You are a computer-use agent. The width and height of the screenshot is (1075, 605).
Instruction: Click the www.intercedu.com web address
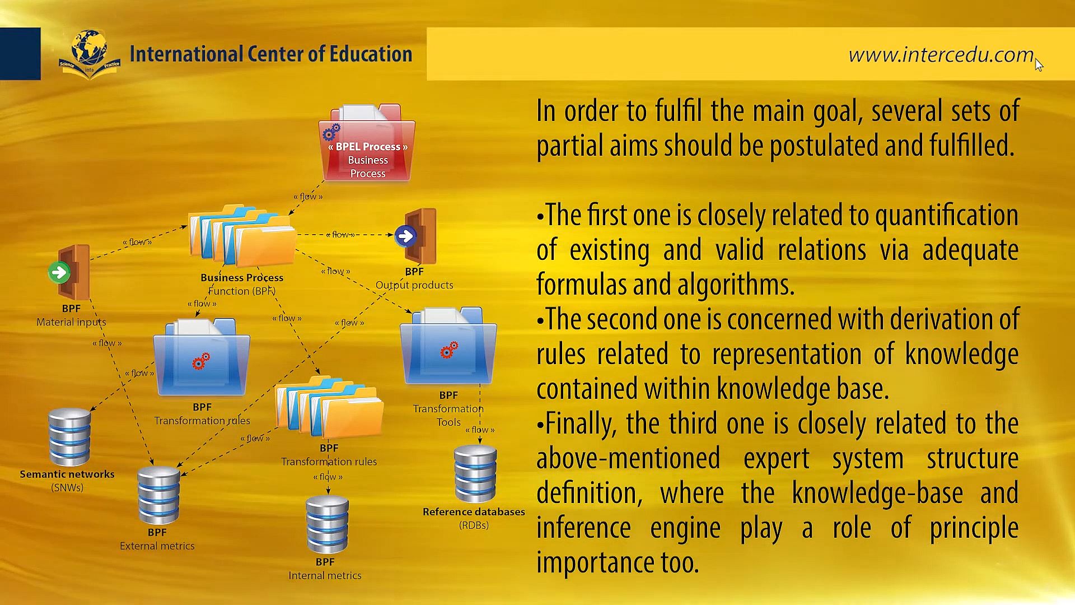(x=941, y=55)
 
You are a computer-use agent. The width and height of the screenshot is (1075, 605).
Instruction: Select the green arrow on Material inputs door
(x=59, y=273)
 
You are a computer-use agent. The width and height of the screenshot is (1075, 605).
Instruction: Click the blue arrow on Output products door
(x=405, y=236)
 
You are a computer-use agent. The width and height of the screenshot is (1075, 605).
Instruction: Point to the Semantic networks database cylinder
(x=69, y=437)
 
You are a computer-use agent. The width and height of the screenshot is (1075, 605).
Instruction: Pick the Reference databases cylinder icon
(x=475, y=474)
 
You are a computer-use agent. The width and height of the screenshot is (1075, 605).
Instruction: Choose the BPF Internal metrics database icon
(x=327, y=524)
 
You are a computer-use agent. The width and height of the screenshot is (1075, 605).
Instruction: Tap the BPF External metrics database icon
(x=159, y=495)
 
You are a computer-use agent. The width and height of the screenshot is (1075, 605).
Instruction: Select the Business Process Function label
(x=242, y=284)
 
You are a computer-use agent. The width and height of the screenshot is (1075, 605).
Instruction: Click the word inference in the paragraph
(x=583, y=528)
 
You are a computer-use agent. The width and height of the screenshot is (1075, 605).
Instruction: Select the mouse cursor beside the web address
(x=1039, y=64)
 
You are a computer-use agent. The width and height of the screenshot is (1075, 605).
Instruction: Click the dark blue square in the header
(x=20, y=54)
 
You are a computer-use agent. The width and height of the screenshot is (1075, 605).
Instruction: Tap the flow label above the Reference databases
(x=480, y=430)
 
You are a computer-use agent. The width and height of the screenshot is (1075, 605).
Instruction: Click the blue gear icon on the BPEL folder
(x=331, y=132)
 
